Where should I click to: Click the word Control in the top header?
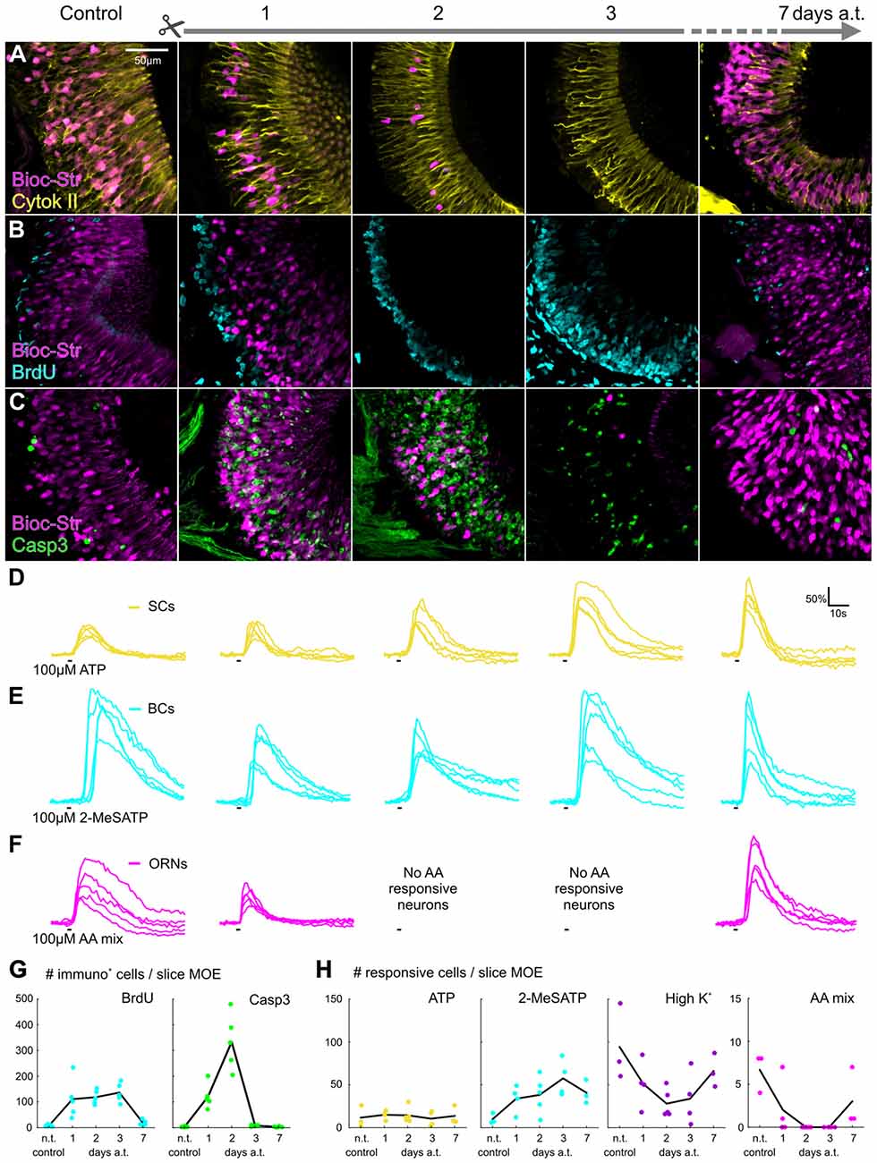(90, 13)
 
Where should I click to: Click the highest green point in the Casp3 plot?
(236, 1004)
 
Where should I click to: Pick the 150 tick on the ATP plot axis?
(331, 998)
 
